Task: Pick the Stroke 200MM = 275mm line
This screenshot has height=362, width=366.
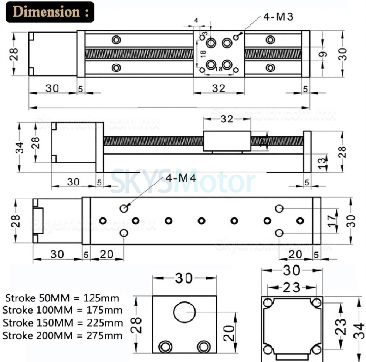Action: (x=62, y=336)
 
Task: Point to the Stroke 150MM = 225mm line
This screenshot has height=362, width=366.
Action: (x=62, y=323)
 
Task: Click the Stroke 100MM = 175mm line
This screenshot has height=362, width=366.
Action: (x=62, y=311)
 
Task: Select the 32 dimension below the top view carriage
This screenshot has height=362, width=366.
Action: (x=219, y=89)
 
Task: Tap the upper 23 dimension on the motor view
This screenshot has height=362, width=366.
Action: (x=291, y=287)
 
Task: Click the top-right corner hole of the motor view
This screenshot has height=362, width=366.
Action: (x=316, y=303)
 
